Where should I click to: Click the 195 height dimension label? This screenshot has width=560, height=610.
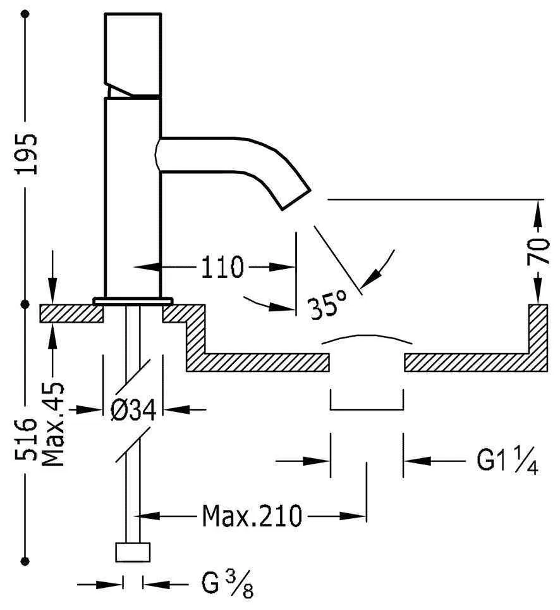click(x=27, y=154)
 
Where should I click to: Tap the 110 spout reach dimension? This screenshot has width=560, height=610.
click(x=222, y=268)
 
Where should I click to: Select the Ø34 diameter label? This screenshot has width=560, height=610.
click(x=133, y=411)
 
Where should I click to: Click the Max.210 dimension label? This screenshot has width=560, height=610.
click(x=252, y=517)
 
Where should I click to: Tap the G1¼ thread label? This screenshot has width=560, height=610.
click(x=507, y=461)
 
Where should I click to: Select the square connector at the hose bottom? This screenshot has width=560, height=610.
click(x=133, y=551)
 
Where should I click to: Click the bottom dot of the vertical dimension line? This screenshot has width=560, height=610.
click(x=26, y=561)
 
